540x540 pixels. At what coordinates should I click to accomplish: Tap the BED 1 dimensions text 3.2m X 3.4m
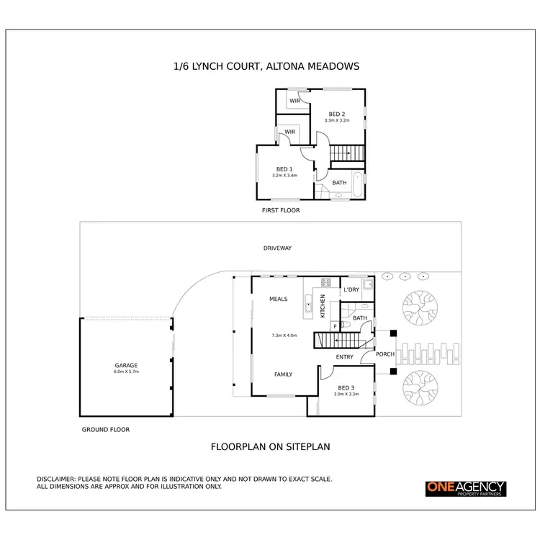[284, 176]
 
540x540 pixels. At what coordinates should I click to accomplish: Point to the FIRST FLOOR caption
[280, 211]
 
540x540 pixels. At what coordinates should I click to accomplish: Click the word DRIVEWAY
[277, 248]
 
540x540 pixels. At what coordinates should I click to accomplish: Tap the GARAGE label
[125, 365]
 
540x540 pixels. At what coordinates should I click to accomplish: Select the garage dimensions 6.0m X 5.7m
[125, 372]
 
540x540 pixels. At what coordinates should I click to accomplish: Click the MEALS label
[278, 298]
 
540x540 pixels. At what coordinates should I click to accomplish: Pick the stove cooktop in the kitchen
[325, 282]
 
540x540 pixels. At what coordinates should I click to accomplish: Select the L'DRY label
[351, 289]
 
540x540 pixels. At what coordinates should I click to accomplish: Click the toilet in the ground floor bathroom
[346, 325]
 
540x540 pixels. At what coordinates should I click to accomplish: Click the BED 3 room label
[346, 387]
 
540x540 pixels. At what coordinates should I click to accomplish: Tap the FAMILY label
[282, 374]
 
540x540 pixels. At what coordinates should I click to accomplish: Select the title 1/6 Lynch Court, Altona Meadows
[266, 66]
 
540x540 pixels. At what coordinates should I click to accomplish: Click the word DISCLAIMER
[58, 479]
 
